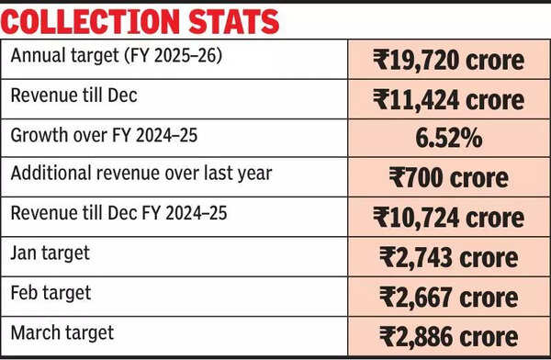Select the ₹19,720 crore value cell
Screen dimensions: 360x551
448,61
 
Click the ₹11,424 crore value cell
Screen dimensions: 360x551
448,99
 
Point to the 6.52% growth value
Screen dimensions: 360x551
448,139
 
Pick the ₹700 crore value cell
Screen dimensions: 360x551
448,178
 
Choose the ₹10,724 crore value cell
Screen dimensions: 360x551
448,218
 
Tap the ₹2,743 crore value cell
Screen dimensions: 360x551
448,257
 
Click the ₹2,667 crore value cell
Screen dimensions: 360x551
448,297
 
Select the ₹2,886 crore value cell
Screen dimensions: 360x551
448,335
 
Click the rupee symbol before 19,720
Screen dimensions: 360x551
381,61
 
